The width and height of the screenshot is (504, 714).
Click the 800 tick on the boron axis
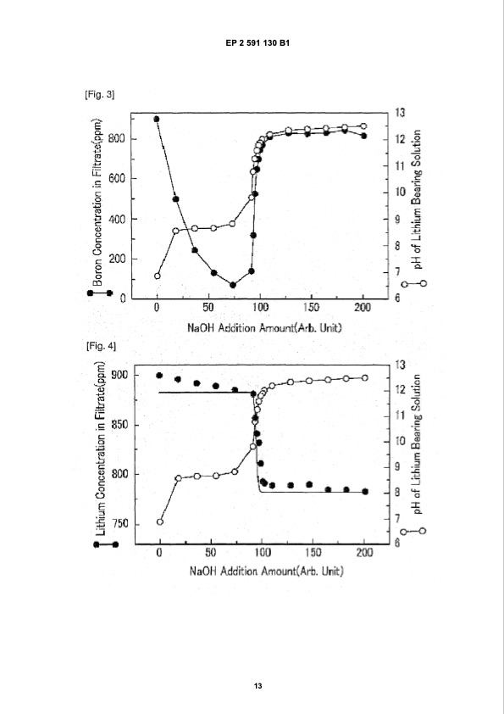(117, 138)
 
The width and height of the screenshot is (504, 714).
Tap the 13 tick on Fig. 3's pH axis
(402, 113)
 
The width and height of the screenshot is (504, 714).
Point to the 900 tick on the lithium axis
(119, 375)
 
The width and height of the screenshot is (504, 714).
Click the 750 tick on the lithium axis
(119, 524)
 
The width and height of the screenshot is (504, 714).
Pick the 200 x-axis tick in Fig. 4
(364, 553)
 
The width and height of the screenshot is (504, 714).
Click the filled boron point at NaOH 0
(157, 119)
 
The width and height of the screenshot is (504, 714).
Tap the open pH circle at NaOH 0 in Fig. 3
(157, 276)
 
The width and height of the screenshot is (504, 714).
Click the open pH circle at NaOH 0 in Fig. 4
(160, 522)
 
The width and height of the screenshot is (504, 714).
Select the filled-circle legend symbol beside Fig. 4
(105, 545)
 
